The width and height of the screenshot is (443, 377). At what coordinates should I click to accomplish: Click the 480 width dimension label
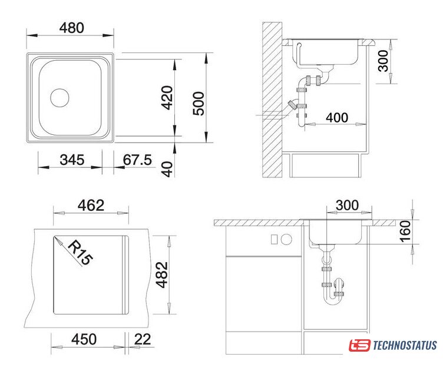click(72, 28)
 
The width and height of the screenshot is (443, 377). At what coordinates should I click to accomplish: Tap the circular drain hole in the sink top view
click(59, 98)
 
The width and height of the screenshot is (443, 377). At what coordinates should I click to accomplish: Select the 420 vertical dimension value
click(167, 98)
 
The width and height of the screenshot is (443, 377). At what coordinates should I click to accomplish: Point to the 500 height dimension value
click(199, 104)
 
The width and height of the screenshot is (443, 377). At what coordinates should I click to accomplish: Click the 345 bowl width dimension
click(72, 160)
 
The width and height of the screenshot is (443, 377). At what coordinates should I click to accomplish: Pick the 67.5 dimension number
click(137, 160)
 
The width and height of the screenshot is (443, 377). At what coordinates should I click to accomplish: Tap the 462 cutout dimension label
click(91, 206)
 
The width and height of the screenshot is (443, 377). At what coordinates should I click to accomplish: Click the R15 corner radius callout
click(80, 252)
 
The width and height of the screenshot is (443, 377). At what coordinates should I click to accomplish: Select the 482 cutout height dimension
click(162, 275)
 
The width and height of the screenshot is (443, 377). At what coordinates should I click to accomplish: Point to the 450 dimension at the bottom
click(84, 339)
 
